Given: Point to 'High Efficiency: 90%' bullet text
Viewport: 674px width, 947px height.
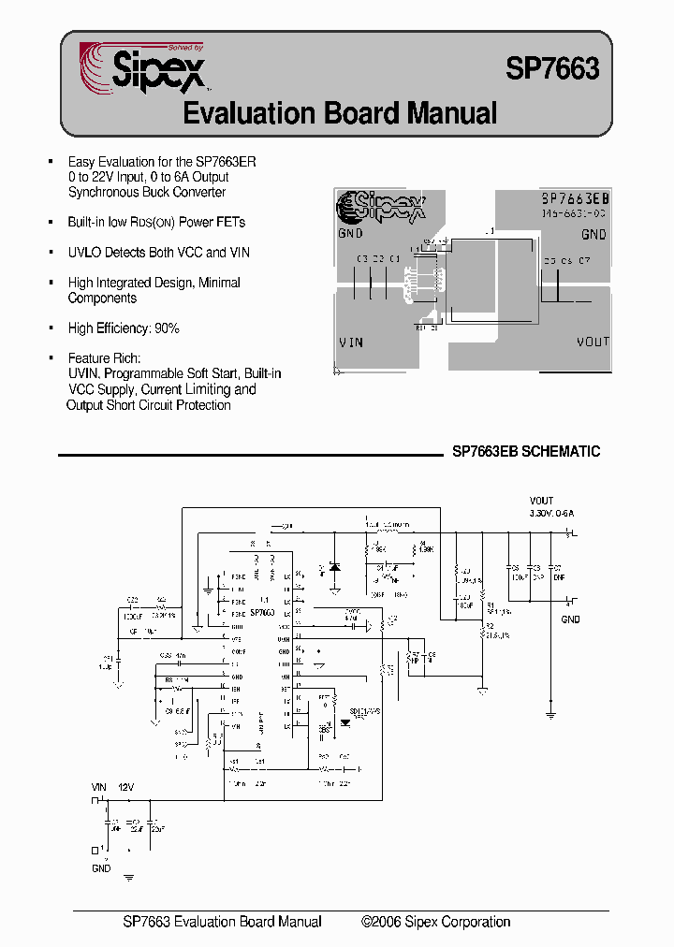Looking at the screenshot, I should coord(124,328).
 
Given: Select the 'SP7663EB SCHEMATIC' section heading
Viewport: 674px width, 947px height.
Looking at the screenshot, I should coord(526,451).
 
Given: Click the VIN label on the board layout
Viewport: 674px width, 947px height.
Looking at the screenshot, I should coord(350,342).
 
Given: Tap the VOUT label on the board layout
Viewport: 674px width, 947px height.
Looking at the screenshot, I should coord(593,342).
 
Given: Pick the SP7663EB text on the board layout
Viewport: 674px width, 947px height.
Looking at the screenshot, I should coord(576,199).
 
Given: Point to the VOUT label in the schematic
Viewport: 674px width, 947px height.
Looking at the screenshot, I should coord(541,501).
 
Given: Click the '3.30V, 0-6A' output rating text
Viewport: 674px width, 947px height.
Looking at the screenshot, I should coord(551,513).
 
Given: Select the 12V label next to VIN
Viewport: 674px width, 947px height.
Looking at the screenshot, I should coord(125,788).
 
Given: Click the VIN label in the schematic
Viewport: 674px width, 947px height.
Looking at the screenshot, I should coord(99,788).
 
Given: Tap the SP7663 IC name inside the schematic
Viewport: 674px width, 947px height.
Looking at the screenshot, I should coord(262,612).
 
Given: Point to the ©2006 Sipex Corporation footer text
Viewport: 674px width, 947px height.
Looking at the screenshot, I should coord(436,922).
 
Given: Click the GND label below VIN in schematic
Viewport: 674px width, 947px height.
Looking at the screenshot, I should coord(101,868).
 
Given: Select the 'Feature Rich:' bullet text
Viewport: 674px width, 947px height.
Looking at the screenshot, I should coord(105,358).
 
